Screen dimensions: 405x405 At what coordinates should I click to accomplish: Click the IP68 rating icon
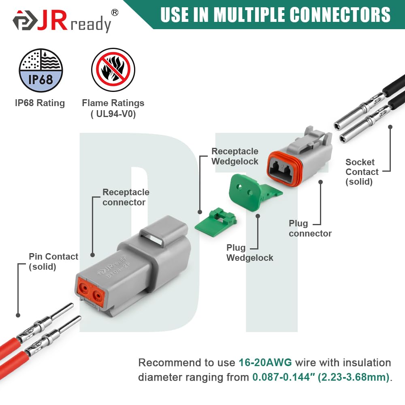pyautogui.click(x=41, y=70)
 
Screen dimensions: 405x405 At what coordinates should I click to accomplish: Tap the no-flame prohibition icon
pyautogui.click(x=113, y=70)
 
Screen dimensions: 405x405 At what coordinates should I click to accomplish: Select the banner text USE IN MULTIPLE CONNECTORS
pyautogui.click(x=275, y=15)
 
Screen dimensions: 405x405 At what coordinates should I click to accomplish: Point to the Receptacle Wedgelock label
pyautogui.click(x=235, y=156)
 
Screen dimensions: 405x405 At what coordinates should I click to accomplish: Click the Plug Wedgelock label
pyautogui.click(x=249, y=253)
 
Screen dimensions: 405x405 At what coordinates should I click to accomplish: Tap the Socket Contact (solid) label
pyautogui.click(x=362, y=172)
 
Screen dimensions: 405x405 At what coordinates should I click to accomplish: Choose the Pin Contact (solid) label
pyautogui.click(x=53, y=262)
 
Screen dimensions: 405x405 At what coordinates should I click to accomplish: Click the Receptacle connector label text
pyautogui.click(x=126, y=197)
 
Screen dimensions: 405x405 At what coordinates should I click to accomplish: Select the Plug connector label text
pyautogui.click(x=310, y=228)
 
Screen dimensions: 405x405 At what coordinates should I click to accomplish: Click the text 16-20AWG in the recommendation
pyautogui.click(x=265, y=362)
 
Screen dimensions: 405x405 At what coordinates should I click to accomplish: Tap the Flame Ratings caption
pyautogui.click(x=113, y=108)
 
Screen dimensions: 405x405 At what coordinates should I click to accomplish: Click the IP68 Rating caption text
pyautogui.click(x=40, y=103)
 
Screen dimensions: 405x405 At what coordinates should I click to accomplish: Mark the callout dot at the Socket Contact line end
pyautogui.click(x=390, y=127)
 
